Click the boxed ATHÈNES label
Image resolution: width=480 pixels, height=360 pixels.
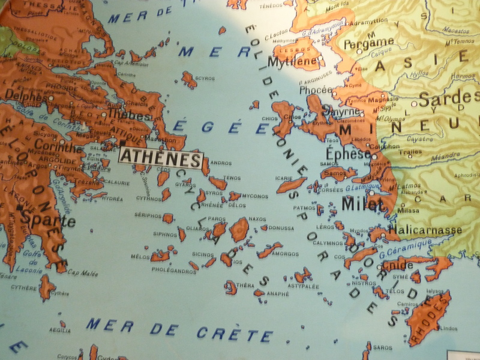coord(161,158)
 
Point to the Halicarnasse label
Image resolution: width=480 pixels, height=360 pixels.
coord(425,229)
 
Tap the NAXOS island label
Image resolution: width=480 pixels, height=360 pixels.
coord(257,219)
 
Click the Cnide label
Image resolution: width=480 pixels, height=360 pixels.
coord(397,265)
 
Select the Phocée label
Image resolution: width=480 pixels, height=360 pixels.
coord(314,90)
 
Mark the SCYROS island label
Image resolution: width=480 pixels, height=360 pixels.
coord(205,78)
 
